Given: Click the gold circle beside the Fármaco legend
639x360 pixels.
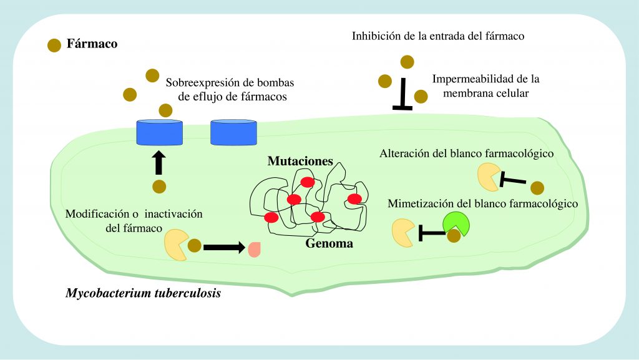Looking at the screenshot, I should pyautogui.click(x=55, y=45).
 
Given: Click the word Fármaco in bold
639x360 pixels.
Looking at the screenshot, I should pyautogui.click(x=93, y=45).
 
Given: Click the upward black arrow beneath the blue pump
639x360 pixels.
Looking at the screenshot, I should pyautogui.click(x=159, y=162).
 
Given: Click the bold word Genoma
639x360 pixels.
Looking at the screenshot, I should pyautogui.click(x=329, y=243).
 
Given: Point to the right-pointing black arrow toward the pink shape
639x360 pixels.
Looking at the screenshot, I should pyautogui.click(x=223, y=247).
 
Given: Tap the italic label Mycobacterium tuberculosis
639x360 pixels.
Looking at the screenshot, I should pyautogui.click(x=144, y=292).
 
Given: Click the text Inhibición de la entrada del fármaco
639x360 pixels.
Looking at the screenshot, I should pyautogui.click(x=437, y=36).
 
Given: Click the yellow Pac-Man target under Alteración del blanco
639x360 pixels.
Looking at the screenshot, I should pyautogui.click(x=489, y=177).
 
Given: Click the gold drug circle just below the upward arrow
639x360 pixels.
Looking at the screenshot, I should pyautogui.click(x=159, y=186).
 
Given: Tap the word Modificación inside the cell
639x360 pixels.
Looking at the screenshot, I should pyautogui.click(x=94, y=214).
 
